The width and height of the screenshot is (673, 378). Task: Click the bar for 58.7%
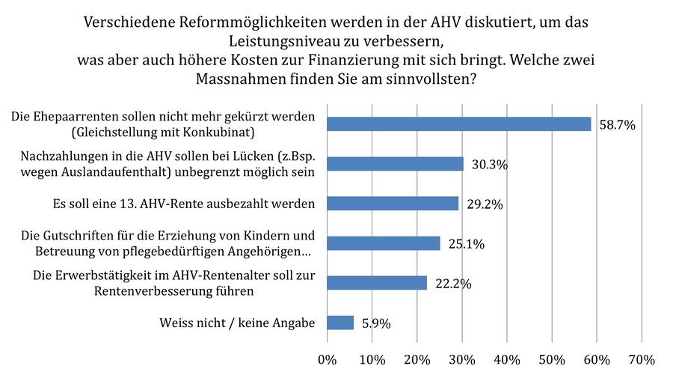pyautogui.click(x=458, y=124)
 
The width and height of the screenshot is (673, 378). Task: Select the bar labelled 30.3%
pyautogui.click(x=395, y=164)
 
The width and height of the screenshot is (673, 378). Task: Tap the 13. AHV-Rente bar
pyautogui.click(x=393, y=204)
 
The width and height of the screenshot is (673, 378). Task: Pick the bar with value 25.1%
pyautogui.click(x=384, y=243)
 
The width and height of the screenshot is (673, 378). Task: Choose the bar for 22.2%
pyautogui.click(x=377, y=282)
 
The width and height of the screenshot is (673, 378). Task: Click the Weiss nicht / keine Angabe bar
pyautogui.click(x=340, y=323)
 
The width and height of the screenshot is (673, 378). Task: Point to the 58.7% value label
pyautogui.click(x=617, y=125)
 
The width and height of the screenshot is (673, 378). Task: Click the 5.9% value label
pyautogui.click(x=375, y=323)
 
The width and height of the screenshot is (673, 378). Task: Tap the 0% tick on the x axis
pyautogui.click(x=328, y=360)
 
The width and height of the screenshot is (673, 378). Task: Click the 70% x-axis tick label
pyautogui.click(x=642, y=360)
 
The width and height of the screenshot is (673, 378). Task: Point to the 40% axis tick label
pyautogui.click(x=507, y=360)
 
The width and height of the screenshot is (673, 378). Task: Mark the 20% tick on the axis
pyautogui.click(x=417, y=360)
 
